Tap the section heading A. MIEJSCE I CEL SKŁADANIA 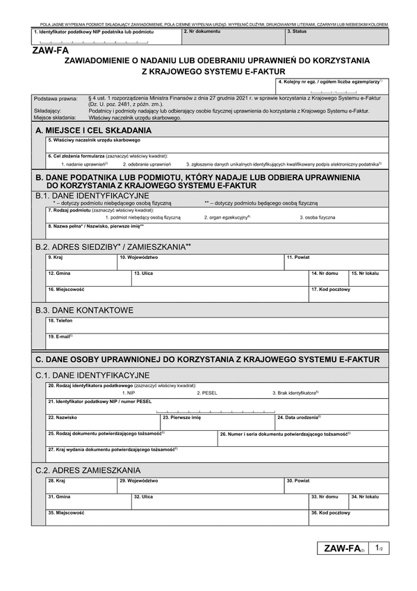pos(93,130)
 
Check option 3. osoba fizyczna pos(318,217)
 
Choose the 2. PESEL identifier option pos(207,393)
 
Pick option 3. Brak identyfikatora pos(295,393)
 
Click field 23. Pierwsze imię pos(217,422)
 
